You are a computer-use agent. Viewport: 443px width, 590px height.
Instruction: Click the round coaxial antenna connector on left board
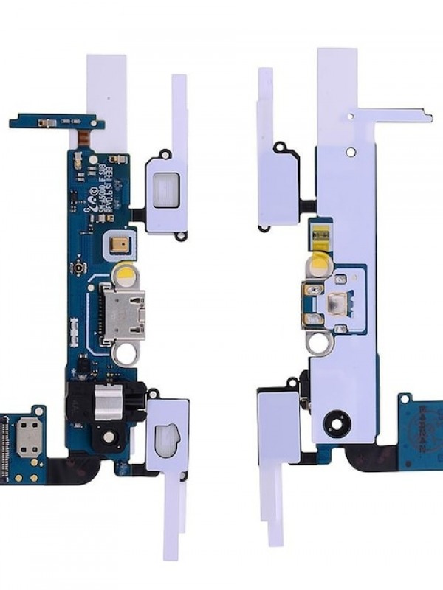[x=77, y=267]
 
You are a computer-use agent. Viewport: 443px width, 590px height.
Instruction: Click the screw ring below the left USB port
[x=126, y=353]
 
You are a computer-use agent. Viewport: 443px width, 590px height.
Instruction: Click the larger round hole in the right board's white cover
[x=351, y=152]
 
